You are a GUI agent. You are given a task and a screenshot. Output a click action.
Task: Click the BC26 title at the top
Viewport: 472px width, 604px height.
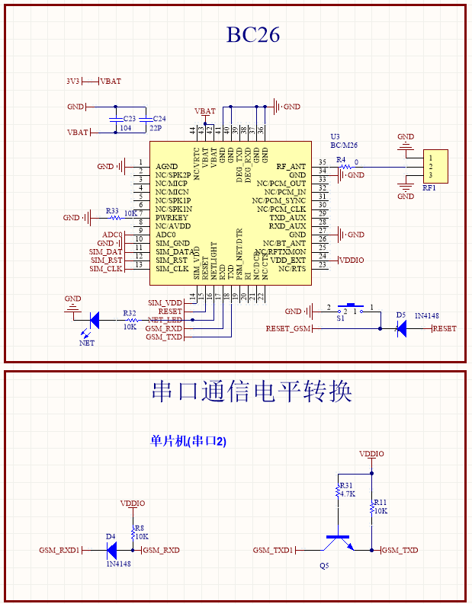252,34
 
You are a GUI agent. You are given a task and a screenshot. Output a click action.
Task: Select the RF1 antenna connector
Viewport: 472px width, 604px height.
436,166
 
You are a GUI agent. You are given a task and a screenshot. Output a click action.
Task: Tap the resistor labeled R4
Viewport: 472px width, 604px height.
343,166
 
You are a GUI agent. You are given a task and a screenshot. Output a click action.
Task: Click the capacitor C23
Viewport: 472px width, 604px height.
115,120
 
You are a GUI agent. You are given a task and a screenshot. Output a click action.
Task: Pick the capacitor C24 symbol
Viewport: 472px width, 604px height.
149,120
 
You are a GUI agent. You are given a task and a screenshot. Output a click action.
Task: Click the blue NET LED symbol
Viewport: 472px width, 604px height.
94,319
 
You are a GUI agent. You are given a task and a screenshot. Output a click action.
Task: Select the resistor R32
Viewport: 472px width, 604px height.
129,319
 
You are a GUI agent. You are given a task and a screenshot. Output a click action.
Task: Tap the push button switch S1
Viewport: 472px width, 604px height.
352,308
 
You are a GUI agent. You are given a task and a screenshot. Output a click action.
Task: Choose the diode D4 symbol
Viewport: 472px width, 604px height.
112,549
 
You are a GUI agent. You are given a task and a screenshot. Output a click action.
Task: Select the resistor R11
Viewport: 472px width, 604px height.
372,507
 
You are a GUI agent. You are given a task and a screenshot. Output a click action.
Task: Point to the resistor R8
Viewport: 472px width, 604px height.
133,531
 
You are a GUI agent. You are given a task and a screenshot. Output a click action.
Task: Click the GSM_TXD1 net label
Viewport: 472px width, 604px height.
273,550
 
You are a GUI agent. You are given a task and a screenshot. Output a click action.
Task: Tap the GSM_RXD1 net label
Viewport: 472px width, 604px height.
59,550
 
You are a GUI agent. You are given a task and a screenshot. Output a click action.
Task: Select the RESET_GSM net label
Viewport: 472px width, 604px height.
288,328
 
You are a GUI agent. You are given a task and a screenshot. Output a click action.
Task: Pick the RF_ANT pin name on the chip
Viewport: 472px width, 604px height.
291,166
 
